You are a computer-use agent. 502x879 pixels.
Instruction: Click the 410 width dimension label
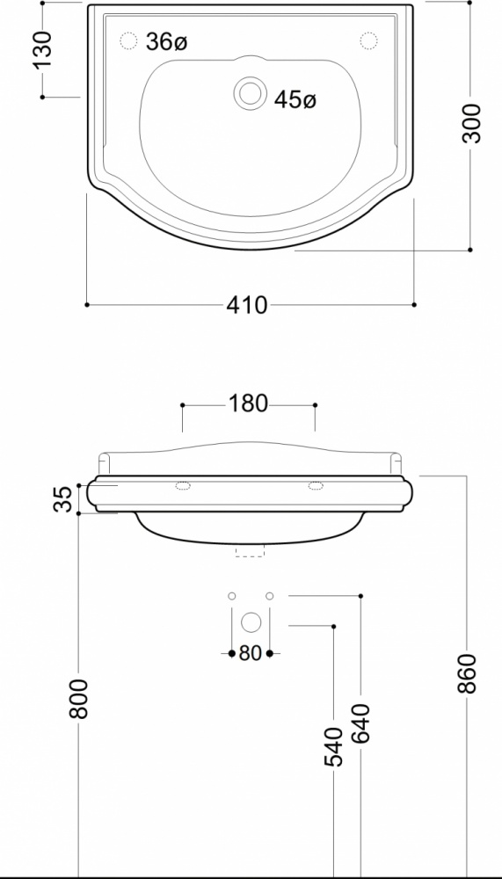tap(247, 305)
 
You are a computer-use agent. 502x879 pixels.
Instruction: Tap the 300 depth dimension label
tap(472, 123)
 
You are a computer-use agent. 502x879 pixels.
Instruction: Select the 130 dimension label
tap(43, 50)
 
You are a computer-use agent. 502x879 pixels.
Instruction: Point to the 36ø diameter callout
tap(166, 41)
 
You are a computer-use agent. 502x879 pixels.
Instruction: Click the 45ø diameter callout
tap(295, 99)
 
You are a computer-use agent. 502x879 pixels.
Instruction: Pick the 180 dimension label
tap(249, 403)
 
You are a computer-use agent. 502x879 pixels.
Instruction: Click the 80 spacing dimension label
tap(251, 653)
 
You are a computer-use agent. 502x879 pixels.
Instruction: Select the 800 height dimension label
tap(78, 699)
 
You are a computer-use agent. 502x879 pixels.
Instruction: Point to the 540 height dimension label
tap(333, 746)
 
